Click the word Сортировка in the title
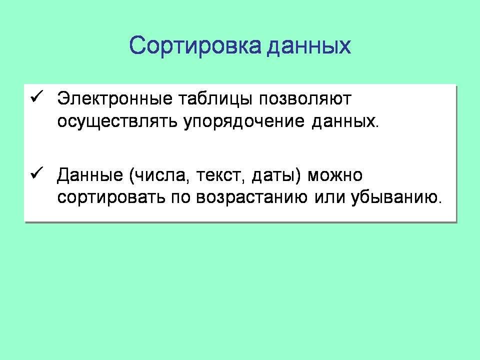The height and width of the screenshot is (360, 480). (195, 46)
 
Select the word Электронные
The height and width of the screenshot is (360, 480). (115, 98)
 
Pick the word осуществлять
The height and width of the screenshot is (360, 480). (117, 121)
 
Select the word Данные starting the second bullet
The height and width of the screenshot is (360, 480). (90, 175)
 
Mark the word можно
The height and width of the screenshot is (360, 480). (335, 175)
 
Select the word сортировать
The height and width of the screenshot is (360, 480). (111, 198)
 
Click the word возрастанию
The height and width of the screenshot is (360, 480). (251, 198)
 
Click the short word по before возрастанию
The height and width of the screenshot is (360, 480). (180, 198)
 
